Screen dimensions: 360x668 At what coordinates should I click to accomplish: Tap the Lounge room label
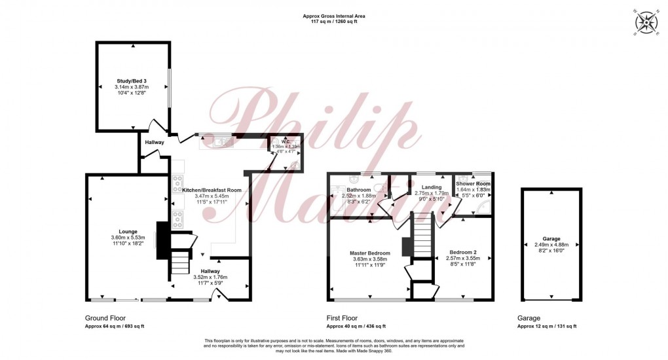tap(123, 231)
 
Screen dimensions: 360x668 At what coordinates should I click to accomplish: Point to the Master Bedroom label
tap(370, 253)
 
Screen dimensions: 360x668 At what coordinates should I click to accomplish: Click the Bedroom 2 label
tap(462, 252)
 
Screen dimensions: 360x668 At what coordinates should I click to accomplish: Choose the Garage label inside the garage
tap(551, 239)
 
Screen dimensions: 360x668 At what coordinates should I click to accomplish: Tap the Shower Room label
tap(473, 184)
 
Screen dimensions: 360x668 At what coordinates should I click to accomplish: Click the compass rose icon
tap(646, 22)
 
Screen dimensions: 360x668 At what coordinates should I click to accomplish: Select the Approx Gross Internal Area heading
tap(334, 16)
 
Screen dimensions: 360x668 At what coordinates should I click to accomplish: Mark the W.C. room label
tap(286, 141)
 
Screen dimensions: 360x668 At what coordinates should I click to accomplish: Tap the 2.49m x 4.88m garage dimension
tap(551, 245)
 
